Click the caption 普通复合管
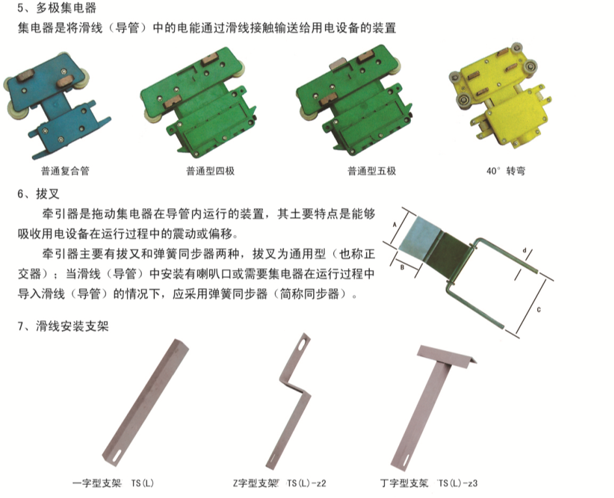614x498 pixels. pyautogui.click(x=65, y=171)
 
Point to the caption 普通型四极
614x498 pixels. pyautogui.click(x=210, y=171)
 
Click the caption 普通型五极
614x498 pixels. pyautogui.click(x=372, y=171)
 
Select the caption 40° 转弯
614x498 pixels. pyautogui.click(x=505, y=171)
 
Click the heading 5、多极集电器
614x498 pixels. pyautogui.click(x=57, y=7)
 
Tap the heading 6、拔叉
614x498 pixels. pyautogui.click(x=38, y=194)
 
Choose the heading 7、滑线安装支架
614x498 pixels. pyautogui.click(x=63, y=325)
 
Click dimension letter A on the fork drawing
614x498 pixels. pyautogui.click(x=395, y=225)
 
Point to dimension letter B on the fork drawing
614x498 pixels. pyautogui.click(x=402, y=268)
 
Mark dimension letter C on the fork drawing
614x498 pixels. pyautogui.click(x=538, y=310)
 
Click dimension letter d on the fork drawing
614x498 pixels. pyautogui.click(x=525, y=250)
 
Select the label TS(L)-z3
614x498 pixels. pyautogui.click(x=458, y=484)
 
